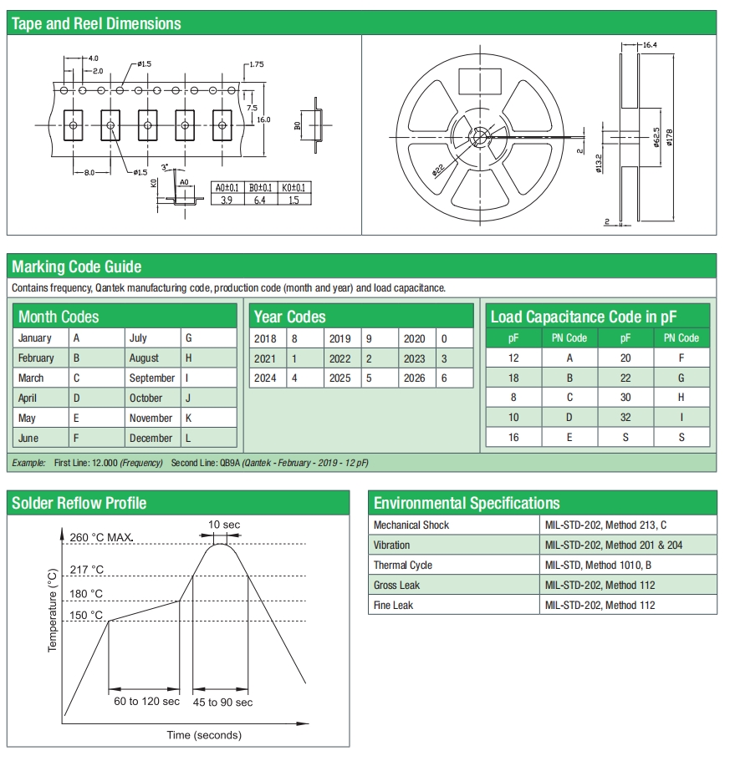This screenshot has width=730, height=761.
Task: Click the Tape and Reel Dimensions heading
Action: (96, 23)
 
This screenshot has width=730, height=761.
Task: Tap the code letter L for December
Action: (189, 438)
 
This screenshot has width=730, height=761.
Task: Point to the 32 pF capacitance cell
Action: (625, 417)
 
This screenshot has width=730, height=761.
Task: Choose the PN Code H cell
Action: (681, 397)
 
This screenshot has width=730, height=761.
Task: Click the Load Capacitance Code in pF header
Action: (583, 317)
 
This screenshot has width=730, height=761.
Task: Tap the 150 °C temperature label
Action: (86, 616)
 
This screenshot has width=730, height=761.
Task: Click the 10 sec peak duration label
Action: (224, 525)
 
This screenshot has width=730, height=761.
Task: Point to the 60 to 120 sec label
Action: (146, 702)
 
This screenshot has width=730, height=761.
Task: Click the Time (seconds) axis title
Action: (204, 735)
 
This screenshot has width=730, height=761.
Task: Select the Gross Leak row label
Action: (396, 585)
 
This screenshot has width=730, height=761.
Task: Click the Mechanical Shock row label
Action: (411, 525)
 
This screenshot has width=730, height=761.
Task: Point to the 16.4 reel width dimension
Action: (650, 44)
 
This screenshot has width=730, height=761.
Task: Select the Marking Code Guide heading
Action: (77, 267)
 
